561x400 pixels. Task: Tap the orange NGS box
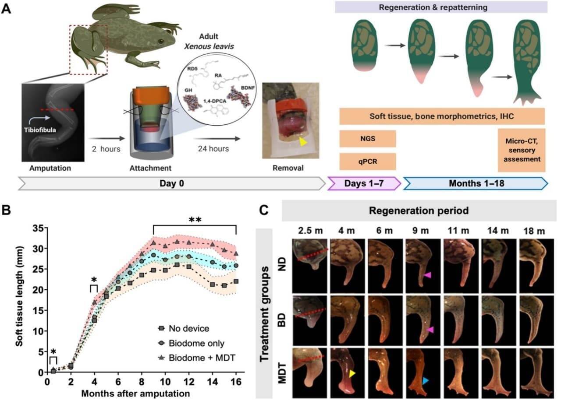pyautogui.click(x=368, y=138)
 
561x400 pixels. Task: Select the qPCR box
pyautogui.click(x=368, y=161)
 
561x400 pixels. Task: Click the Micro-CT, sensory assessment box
pyautogui.click(x=521, y=150)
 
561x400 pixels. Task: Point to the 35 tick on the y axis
pyautogui.click(x=39, y=228)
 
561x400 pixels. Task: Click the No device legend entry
pyautogui.click(x=184, y=328)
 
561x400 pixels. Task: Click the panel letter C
pyautogui.click(x=263, y=211)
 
